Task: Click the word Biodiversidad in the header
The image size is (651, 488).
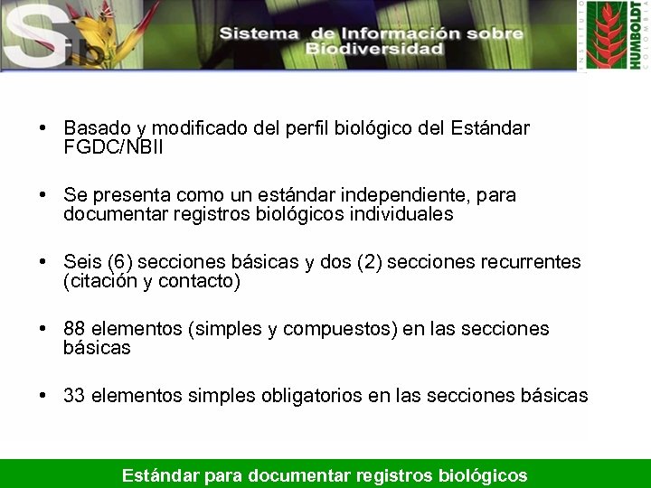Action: point(373,49)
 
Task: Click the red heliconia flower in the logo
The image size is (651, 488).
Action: point(606,27)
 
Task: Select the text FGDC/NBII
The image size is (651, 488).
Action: point(114,146)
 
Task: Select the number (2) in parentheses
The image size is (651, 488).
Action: point(370,262)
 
